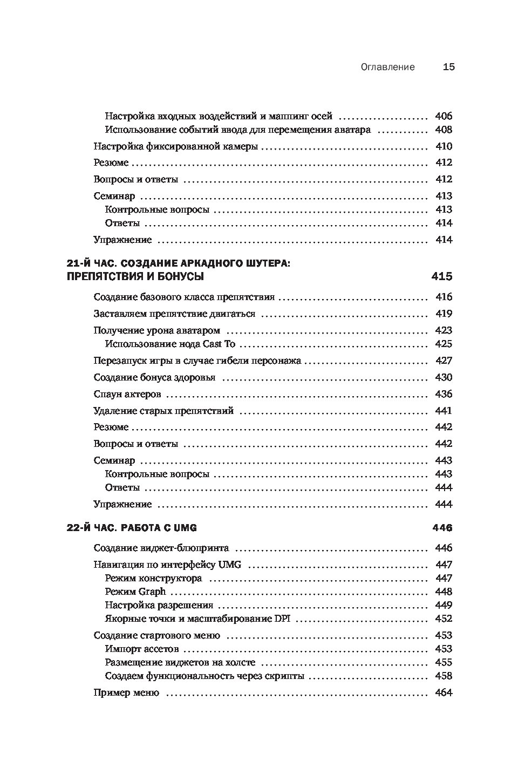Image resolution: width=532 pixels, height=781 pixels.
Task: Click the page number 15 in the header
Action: coord(449,67)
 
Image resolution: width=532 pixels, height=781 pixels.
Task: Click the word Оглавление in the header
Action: coord(388,67)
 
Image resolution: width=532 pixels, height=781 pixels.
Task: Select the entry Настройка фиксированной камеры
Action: coord(175,146)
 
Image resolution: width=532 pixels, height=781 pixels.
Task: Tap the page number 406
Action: coord(443,116)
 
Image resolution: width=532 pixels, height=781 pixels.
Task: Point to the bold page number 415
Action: coord(442,277)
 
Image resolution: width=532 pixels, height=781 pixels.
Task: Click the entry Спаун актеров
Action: coord(127,394)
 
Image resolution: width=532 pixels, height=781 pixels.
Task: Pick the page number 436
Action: coord(443,394)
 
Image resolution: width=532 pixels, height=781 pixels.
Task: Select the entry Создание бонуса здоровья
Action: coord(154,377)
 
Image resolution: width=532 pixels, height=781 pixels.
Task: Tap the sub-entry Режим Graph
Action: coord(135,592)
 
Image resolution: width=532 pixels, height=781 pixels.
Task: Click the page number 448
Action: coord(443,592)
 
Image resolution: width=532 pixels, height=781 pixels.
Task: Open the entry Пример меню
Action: coord(126,692)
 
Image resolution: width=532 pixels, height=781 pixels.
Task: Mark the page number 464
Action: coord(443,692)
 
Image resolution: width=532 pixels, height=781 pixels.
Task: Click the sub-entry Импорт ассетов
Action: coord(142,649)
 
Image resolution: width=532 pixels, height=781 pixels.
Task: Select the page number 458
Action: coord(443,676)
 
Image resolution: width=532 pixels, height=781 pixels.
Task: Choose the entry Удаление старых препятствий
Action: coord(163,411)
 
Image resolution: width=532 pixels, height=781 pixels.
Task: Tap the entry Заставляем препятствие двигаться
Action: coord(174,314)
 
